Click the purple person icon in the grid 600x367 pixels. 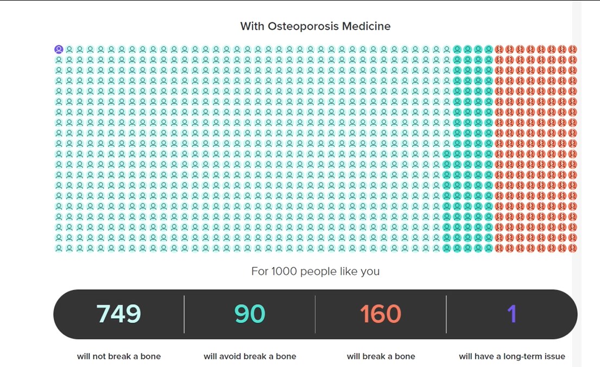[59, 49]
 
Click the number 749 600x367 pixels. [118, 314]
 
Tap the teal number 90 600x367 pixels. [249, 314]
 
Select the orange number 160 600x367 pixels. [381, 314]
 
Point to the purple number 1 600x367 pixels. [512, 314]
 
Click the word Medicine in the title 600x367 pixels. [366, 26]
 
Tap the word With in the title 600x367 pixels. [252, 26]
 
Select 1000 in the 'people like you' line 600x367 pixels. [284, 271]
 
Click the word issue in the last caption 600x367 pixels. [555, 356]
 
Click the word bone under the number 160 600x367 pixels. [405, 356]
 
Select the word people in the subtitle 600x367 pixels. [318, 272]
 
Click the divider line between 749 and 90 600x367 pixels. [184, 314]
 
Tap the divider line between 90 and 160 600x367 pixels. [315, 314]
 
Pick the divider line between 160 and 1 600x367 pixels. [446, 314]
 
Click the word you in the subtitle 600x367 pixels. [370, 272]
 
